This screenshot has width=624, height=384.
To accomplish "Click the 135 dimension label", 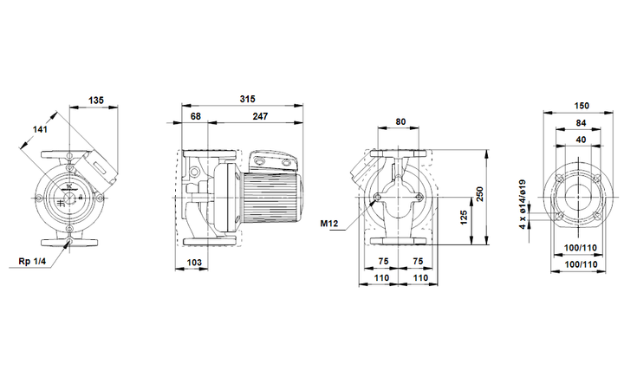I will [96, 101].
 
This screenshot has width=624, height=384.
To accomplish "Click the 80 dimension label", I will [400, 122].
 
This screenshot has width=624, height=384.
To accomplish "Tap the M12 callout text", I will [328, 224].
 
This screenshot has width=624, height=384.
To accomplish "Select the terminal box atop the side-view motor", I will [275, 161].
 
